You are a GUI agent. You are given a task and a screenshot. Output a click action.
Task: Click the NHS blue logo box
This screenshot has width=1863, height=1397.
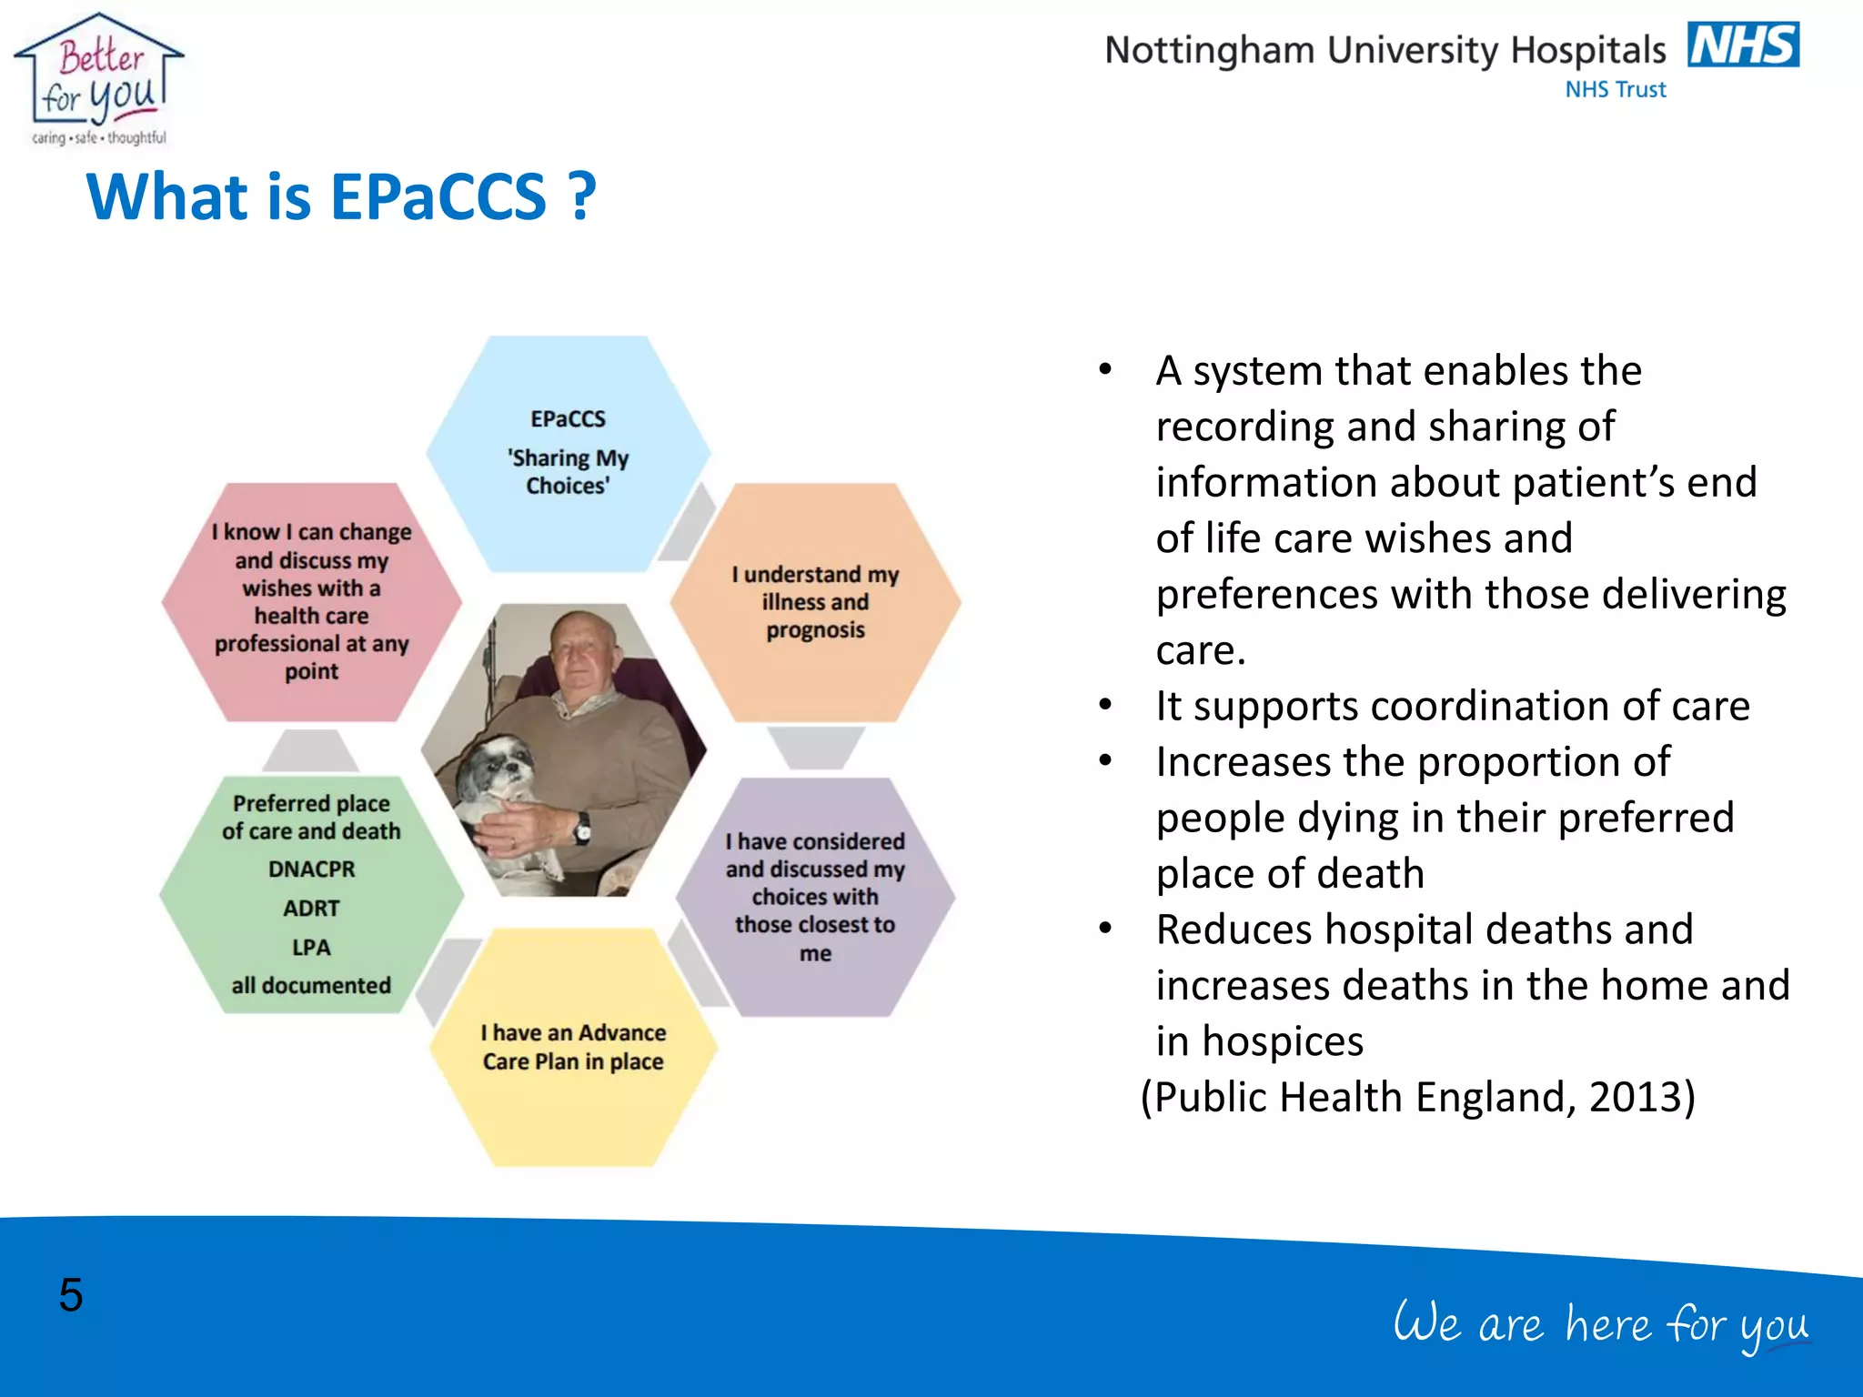(1743, 45)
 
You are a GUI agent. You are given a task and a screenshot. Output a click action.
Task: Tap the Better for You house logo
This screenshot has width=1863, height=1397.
(98, 80)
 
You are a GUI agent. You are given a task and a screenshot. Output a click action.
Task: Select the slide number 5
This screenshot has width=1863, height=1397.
(71, 1294)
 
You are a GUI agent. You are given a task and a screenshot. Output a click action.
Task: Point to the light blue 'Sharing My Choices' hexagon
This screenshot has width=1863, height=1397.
(568, 452)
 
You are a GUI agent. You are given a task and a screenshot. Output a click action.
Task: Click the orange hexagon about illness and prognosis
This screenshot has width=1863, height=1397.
(815, 602)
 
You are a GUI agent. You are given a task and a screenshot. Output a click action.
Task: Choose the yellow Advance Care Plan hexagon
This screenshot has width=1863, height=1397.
(573, 1047)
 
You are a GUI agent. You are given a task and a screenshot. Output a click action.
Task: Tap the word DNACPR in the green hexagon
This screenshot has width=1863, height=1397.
(311, 869)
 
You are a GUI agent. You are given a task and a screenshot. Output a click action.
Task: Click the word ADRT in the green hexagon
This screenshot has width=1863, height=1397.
(311, 909)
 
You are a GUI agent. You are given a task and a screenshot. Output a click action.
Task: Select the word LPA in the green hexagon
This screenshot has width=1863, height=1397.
(311, 948)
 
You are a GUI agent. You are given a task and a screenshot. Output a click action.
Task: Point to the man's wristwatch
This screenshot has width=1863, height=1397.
(582, 828)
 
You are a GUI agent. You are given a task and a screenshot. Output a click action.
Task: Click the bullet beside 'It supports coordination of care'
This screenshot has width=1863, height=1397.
(1105, 706)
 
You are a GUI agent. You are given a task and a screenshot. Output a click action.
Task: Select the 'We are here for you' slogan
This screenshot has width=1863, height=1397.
(1601, 1324)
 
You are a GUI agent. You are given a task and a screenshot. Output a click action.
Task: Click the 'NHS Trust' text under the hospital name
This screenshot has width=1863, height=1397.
(1615, 90)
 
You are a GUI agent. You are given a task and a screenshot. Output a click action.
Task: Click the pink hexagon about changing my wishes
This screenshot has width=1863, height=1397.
(311, 602)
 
